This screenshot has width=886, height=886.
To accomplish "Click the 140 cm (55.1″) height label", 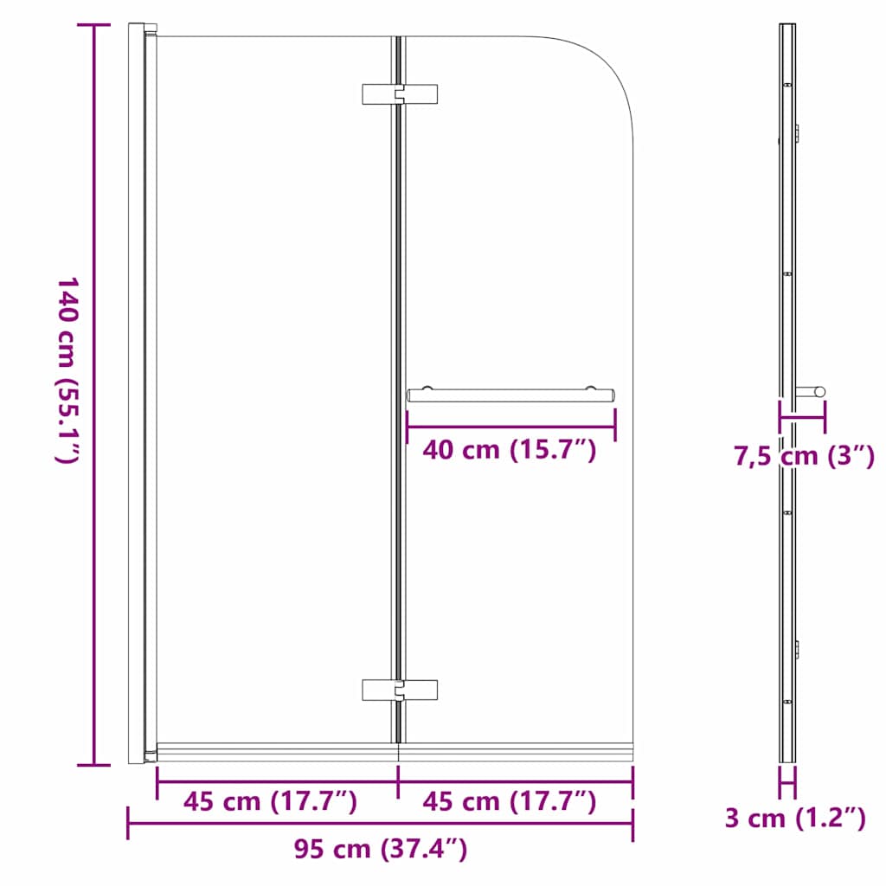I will [68, 370].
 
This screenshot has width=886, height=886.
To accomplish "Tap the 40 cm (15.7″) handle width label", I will [510, 450].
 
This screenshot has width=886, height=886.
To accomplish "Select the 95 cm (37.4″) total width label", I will [381, 849].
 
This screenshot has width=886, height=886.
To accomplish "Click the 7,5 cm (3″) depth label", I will [804, 456].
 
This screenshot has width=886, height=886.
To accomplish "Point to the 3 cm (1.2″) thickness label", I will [795, 818].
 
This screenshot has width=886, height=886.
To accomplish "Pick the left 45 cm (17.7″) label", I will [270, 801].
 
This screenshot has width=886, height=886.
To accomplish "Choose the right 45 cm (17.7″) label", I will [509, 801].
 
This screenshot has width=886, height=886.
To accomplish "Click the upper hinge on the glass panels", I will [400, 94].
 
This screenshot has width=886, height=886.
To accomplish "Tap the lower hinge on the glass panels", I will [400, 689].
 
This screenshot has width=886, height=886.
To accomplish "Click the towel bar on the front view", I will [510, 395].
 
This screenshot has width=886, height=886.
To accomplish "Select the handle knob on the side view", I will [812, 391].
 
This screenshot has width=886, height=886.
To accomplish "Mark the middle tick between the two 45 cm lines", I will [398, 781].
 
